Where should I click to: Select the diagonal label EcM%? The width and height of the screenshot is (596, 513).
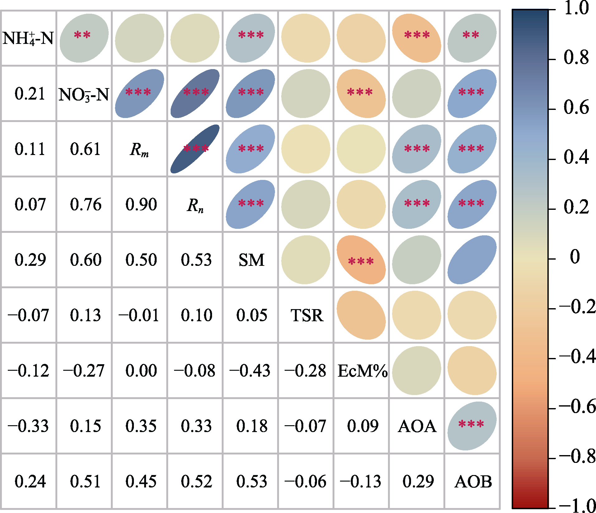pyautogui.click(x=362, y=371)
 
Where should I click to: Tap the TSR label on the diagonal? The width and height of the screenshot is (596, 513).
pyautogui.click(x=307, y=315)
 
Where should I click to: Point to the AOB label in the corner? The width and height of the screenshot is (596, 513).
pyautogui.click(x=473, y=482)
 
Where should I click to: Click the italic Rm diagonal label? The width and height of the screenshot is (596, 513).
pyautogui.click(x=139, y=149)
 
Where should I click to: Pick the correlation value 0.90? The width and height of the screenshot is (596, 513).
pyautogui.click(x=141, y=205)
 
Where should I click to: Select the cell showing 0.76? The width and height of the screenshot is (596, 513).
pyautogui.click(x=86, y=205)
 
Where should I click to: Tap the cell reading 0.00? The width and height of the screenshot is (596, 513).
pyautogui.click(x=141, y=371)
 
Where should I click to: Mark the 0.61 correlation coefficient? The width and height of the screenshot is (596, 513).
pyautogui.click(x=86, y=149)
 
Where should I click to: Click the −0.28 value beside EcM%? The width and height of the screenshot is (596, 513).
pyautogui.click(x=305, y=371)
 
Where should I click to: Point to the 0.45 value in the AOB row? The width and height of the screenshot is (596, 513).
pyautogui.click(x=141, y=482)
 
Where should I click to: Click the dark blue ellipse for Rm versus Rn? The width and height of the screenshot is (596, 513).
pyautogui.click(x=195, y=149)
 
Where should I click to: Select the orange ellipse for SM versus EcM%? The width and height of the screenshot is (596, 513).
pyautogui.click(x=361, y=260)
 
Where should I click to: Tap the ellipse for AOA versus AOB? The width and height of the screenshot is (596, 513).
pyautogui.click(x=472, y=426)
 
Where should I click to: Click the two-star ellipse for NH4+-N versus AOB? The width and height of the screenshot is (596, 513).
pyautogui.click(x=472, y=38)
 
